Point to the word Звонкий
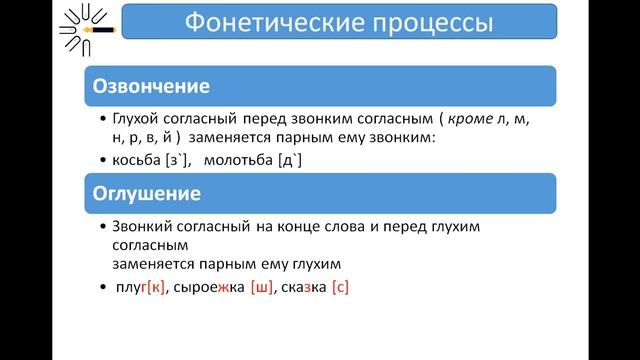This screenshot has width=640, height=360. (146, 228)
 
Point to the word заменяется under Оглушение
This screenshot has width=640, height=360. (155, 264)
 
